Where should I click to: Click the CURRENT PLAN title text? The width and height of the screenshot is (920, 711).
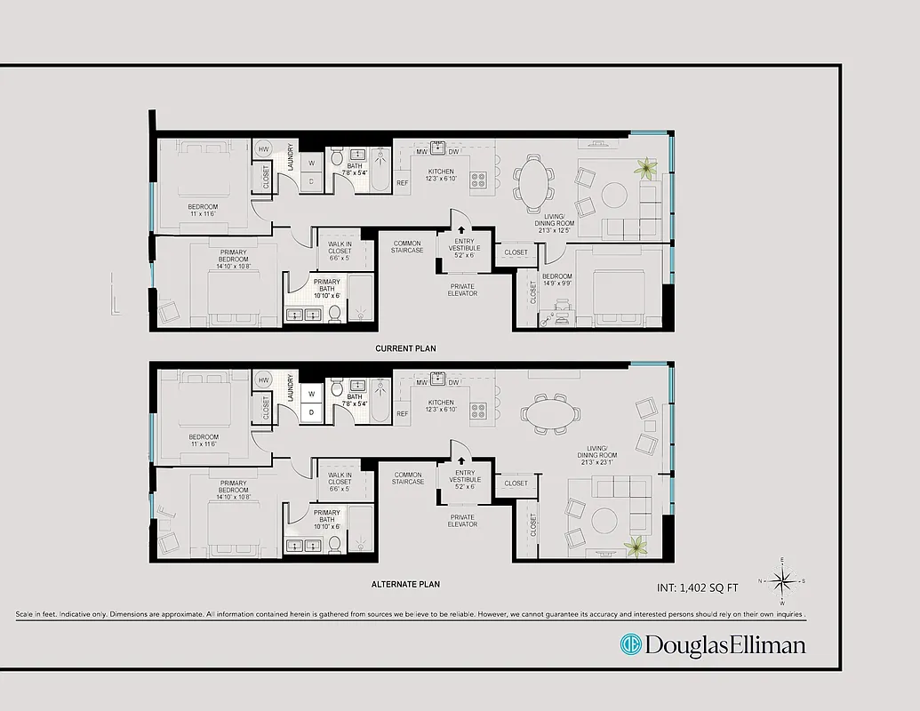(405, 348)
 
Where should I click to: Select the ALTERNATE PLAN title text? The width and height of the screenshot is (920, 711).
(405, 584)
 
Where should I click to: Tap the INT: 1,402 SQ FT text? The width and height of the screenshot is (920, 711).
(696, 587)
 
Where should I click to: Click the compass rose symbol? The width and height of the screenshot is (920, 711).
(782, 581)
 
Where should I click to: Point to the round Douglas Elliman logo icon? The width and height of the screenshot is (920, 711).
(630, 643)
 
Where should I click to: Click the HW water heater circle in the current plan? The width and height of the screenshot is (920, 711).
(264, 149)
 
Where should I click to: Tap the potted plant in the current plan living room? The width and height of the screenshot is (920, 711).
(644, 166)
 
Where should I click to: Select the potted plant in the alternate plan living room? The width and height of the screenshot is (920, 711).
(636, 547)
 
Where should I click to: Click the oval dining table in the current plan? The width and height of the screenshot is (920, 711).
(533, 179)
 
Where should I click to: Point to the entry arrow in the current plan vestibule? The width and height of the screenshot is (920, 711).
(461, 229)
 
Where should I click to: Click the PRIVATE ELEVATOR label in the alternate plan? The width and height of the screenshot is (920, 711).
(462, 521)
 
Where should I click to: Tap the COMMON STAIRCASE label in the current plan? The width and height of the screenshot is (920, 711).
(407, 247)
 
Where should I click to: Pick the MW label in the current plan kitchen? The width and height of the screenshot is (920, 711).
(422, 152)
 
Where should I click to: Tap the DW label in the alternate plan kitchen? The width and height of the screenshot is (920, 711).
(453, 382)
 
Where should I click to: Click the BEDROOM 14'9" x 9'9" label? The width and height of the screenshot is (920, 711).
(557, 280)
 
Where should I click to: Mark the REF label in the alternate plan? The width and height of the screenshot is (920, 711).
(403, 413)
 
